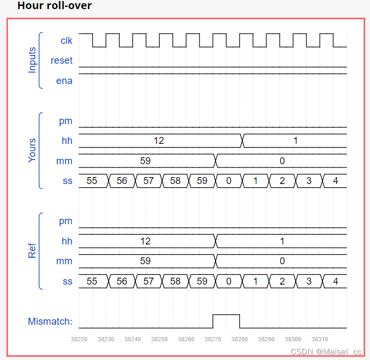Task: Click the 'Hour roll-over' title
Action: coord(55,6)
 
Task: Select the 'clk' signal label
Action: coord(66,40)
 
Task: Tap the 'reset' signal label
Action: coord(61,60)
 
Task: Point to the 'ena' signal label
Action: coord(64,81)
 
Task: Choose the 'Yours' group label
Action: coord(32,150)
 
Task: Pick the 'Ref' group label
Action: coord(32,251)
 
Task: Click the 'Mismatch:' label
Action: coord(50,321)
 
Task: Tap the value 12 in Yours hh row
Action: coord(158,141)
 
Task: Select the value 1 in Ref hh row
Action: coord(282,241)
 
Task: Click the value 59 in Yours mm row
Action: coord(145,160)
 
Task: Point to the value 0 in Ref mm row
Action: coord(282,261)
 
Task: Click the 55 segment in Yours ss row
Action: coord(92,181)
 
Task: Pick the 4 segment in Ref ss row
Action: coord(335,281)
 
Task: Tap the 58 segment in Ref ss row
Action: coord(175,281)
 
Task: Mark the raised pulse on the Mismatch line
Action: coord(226,315)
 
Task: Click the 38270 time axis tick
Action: coord(212,339)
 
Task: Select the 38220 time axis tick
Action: coord(79,339)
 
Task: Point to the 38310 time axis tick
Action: coord(320,339)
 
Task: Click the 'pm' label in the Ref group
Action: coord(66,221)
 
